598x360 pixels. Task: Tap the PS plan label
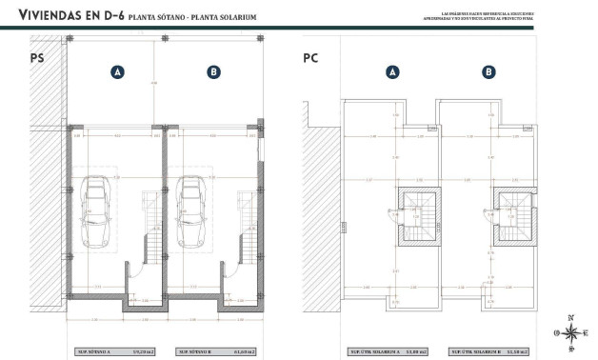pos(37,57)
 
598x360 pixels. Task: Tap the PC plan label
pos(310,57)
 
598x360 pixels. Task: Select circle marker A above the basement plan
pos(117,71)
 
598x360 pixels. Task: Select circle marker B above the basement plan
pos(213,71)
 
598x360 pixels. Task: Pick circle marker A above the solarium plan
pos(392,71)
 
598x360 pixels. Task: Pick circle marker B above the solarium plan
pos(488,71)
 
